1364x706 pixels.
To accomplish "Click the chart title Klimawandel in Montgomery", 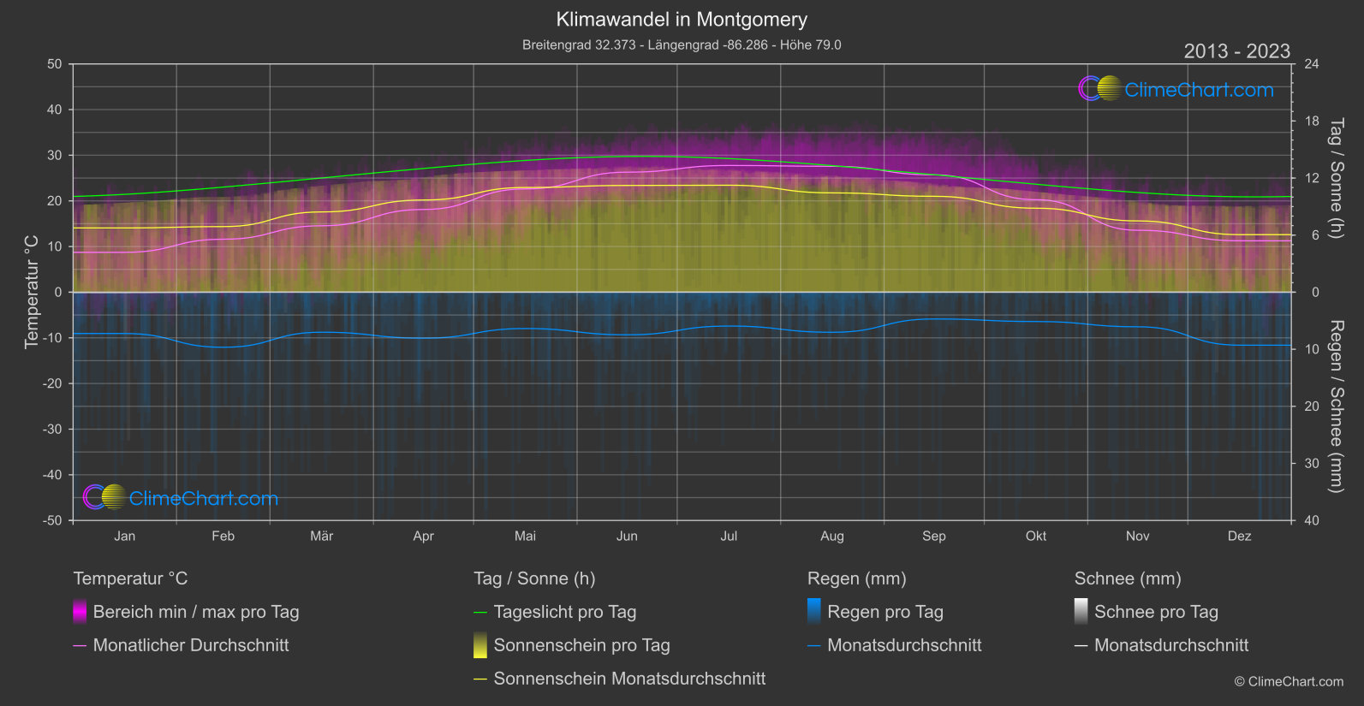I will click(682, 20).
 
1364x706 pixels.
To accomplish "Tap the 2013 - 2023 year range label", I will click(1236, 51).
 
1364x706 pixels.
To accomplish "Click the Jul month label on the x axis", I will click(729, 536).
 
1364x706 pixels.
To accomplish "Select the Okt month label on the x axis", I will click(1036, 536).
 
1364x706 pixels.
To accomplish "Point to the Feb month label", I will click(223, 536).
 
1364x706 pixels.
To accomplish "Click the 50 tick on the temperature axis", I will click(55, 64).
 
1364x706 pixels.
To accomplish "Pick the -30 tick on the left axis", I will click(52, 430).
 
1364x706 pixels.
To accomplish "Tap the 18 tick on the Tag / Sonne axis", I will click(1312, 122).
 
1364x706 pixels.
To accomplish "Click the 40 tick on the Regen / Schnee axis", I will click(1312, 520).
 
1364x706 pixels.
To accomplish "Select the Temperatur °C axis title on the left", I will click(33, 292).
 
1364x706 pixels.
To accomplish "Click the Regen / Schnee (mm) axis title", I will click(1336, 406).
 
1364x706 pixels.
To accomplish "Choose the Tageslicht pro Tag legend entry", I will click(565, 612).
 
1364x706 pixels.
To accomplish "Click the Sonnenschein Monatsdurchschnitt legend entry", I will click(629, 679).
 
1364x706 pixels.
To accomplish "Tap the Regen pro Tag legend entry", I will click(885, 612).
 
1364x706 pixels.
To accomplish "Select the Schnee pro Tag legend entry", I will click(1156, 612).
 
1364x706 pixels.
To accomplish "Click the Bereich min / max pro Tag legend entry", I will click(196, 612).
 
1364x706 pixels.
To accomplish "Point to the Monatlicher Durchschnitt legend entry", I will click(191, 645).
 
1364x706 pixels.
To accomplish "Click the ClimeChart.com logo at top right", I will click(1176, 89).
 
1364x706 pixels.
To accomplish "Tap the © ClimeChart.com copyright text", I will click(1289, 682).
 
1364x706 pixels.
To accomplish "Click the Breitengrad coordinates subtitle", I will click(682, 44).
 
